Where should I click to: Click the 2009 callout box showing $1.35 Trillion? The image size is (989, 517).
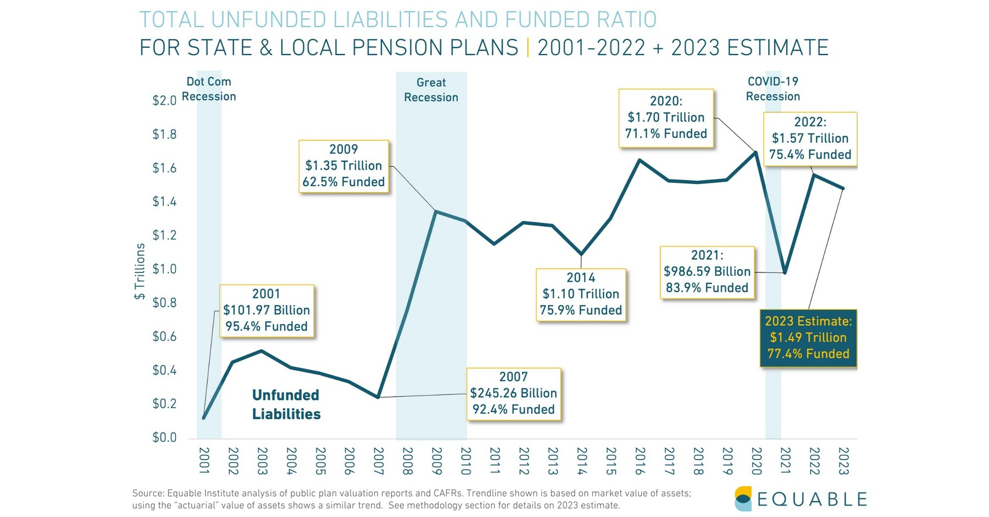click(x=343, y=166)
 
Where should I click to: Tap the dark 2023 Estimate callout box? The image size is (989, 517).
click(x=808, y=337)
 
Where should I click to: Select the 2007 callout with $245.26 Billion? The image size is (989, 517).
click(x=513, y=393)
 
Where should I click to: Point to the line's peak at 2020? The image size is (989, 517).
click(x=755, y=153)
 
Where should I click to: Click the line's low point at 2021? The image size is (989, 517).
click(x=785, y=273)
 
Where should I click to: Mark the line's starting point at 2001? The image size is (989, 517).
click(x=204, y=418)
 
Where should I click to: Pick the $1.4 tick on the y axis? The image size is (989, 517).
click(x=164, y=202)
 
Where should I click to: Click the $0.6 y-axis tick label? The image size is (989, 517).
click(x=164, y=336)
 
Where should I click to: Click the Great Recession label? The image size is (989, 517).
click(x=431, y=90)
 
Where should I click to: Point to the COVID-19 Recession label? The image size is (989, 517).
click(x=773, y=89)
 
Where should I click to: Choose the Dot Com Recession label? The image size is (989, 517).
click(x=209, y=89)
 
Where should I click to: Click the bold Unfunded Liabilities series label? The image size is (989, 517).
click(x=286, y=404)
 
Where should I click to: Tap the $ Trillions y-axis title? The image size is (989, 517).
click(x=140, y=271)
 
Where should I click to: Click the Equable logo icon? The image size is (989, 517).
click(x=743, y=498)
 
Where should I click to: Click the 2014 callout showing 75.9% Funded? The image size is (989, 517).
click(x=580, y=294)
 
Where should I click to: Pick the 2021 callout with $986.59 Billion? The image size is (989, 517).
click(x=707, y=272)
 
